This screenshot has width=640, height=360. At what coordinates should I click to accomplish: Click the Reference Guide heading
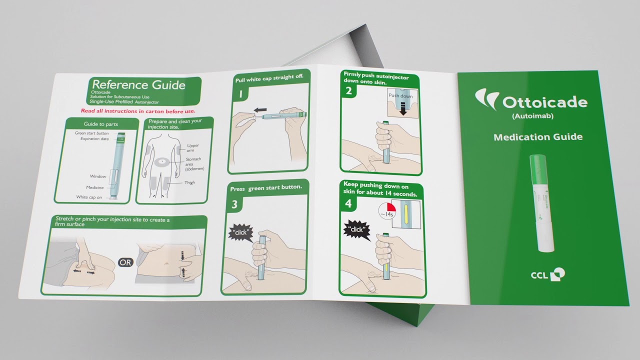[x=138, y=84]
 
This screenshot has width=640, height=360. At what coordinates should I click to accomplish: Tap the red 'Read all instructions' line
[x=138, y=111]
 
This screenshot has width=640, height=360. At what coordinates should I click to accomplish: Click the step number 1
[x=240, y=94]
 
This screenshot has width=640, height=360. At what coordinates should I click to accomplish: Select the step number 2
[x=349, y=90]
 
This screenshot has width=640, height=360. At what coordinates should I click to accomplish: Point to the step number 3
[x=234, y=204]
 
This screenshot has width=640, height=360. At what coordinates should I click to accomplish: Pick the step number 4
[x=348, y=203]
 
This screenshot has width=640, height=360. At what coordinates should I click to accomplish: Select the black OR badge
[x=125, y=262]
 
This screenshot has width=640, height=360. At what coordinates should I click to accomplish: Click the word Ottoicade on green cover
[x=544, y=102]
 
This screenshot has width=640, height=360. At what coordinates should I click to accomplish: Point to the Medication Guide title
[x=538, y=137]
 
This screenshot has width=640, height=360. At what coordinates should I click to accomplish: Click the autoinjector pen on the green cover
[x=541, y=203]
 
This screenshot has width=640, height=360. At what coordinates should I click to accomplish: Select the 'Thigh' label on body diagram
[x=189, y=182]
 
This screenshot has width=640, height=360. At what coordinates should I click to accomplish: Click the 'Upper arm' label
[x=193, y=147]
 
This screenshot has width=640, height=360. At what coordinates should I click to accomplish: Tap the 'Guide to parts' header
[x=97, y=123]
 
